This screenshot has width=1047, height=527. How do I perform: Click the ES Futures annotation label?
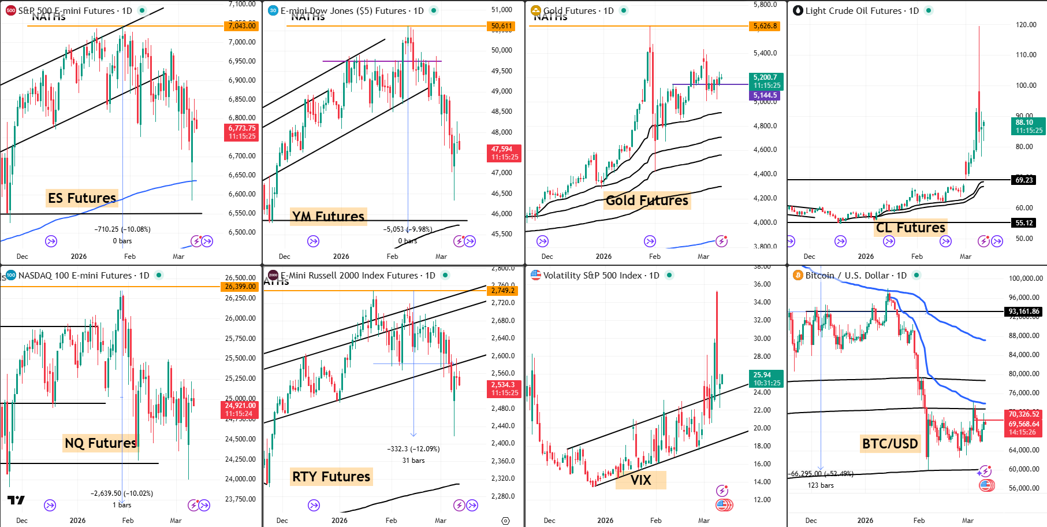[x=82, y=198]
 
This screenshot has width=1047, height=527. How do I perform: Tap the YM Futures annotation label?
[x=328, y=216]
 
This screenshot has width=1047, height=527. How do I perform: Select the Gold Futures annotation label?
[x=647, y=201]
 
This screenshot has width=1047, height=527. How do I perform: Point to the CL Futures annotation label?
[x=911, y=228]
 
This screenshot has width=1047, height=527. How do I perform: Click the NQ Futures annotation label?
[x=100, y=443]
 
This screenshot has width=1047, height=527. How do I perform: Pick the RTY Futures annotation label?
[x=331, y=477]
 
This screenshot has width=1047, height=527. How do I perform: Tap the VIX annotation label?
[x=640, y=480]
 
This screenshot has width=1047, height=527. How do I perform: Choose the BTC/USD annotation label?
[x=890, y=444]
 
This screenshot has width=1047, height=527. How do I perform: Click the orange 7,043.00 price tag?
[x=241, y=26]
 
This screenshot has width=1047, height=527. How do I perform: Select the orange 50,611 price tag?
[x=501, y=26]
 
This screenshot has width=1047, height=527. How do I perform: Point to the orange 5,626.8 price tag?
[x=765, y=26]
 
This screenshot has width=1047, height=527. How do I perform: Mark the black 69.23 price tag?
[x=1024, y=180]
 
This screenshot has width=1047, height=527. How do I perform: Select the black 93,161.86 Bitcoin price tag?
[x=1024, y=311]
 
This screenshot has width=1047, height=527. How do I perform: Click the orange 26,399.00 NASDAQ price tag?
[x=240, y=287]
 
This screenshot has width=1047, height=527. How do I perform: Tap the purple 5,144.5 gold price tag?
[x=765, y=95]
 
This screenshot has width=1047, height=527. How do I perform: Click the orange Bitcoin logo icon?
[x=798, y=276]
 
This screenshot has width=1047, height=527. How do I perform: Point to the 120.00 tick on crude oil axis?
[x=1026, y=25]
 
